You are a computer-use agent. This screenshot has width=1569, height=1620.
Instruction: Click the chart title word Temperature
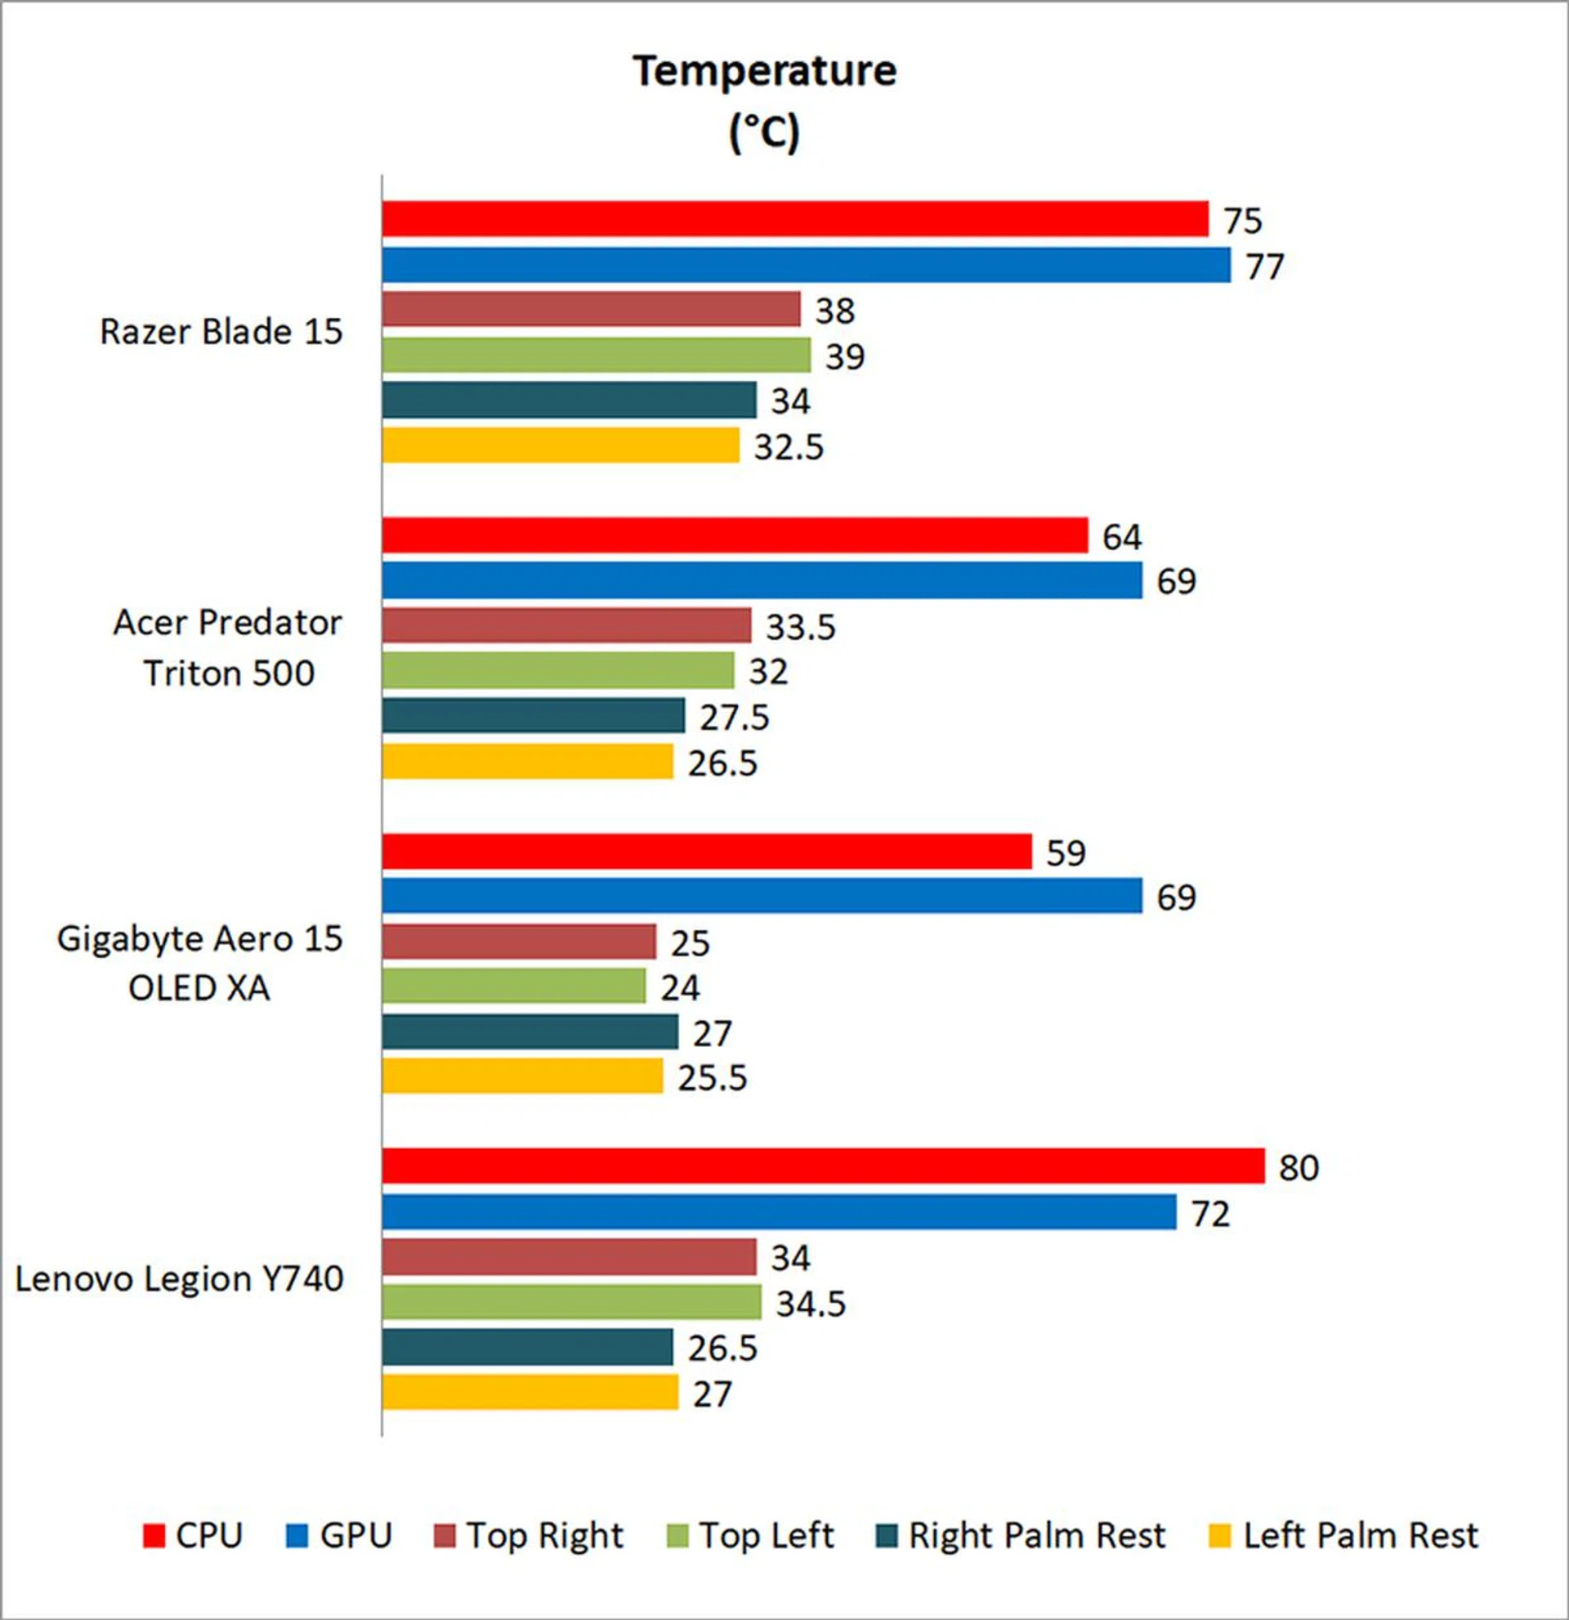(764, 71)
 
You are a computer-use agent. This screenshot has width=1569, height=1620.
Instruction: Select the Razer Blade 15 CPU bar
(794, 219)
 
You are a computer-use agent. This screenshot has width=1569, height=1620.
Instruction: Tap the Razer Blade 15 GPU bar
(806, 266)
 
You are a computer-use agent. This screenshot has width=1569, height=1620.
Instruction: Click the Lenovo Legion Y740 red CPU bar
(823, 1166)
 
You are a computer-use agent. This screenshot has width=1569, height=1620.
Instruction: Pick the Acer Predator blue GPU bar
(762, 580)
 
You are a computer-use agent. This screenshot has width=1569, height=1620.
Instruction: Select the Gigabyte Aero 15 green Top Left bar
(513, 986)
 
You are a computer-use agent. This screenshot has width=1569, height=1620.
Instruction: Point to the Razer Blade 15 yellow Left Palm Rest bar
(560, 445)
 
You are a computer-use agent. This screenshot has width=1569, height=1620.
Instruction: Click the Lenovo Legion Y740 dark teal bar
(527, 1348)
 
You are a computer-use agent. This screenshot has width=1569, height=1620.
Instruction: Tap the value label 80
(1298, 1168)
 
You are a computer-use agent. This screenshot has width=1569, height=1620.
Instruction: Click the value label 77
(1264, 267)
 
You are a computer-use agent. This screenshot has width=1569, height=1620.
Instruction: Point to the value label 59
(1065, 853)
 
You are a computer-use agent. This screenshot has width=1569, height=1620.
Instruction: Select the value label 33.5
(800, 628)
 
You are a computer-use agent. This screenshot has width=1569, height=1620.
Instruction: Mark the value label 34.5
(811, 1305)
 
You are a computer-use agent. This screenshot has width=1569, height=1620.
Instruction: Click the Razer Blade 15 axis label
(221, 333)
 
